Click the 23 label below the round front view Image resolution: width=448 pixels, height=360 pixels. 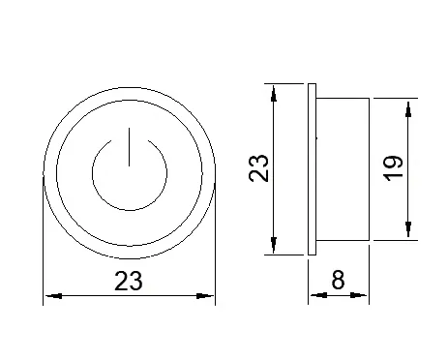click(128, 281)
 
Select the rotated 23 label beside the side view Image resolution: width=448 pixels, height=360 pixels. click(258, 168)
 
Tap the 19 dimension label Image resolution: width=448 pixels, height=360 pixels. click(393, 168)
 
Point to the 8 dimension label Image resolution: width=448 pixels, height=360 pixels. click(338, 280)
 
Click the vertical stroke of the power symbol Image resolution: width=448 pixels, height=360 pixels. click(130, 147)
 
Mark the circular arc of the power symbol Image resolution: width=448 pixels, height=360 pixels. click(130, 210)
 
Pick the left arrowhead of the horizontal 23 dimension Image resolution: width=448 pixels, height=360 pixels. click(53, 296)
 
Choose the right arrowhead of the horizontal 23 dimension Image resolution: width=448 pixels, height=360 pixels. click(205, 296)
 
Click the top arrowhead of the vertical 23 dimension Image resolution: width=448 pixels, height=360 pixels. click(274, 94)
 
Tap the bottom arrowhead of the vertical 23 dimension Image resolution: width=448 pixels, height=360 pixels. click(274, 245)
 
